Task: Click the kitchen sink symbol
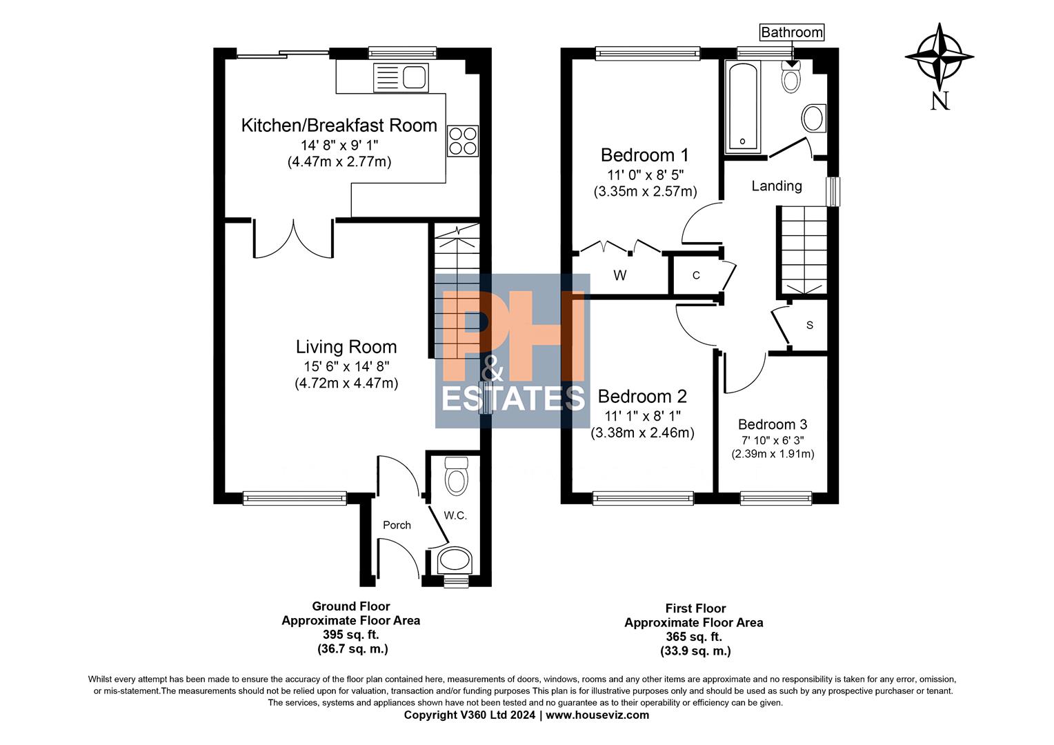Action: [401, 77]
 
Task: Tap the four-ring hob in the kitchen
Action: [462, 141]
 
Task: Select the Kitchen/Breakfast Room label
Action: [339, 126]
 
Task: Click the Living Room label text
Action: [346, 347]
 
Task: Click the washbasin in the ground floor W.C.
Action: [455, 561]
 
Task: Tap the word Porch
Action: [397, 525]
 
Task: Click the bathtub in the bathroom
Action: [743, 108]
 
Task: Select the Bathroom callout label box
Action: [791, 32]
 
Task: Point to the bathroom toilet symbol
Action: [791, 77]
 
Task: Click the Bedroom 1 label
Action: [644, 155]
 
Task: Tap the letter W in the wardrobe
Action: [619, 276]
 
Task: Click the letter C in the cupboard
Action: [696, 275]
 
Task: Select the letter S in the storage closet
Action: [809, 325]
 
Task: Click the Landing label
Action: [777, 186]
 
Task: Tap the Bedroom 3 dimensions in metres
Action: [773, 454]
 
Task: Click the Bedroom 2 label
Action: [642, 397]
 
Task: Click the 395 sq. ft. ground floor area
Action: [350, 635]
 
